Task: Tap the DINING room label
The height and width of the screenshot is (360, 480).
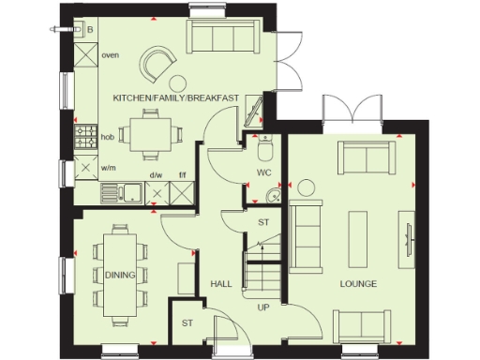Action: tap(120, 274)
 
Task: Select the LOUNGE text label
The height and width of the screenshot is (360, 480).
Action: tap(358, 283)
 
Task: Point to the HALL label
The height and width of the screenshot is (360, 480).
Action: tap(220, 283)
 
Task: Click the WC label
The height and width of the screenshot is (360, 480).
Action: tap(263, 173)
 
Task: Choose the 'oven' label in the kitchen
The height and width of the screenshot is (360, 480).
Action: tap(110, 55)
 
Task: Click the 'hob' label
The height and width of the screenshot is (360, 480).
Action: tap(108, 137)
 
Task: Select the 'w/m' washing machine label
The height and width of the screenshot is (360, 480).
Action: tap(109, 168)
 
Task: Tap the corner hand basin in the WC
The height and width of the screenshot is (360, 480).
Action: tap(271, 195)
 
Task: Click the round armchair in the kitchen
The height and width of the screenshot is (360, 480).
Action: tap(156, 65)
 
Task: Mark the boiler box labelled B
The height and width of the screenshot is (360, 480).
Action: tap(89, 29)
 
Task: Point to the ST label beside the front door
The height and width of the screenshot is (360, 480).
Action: tap(187, 323)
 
